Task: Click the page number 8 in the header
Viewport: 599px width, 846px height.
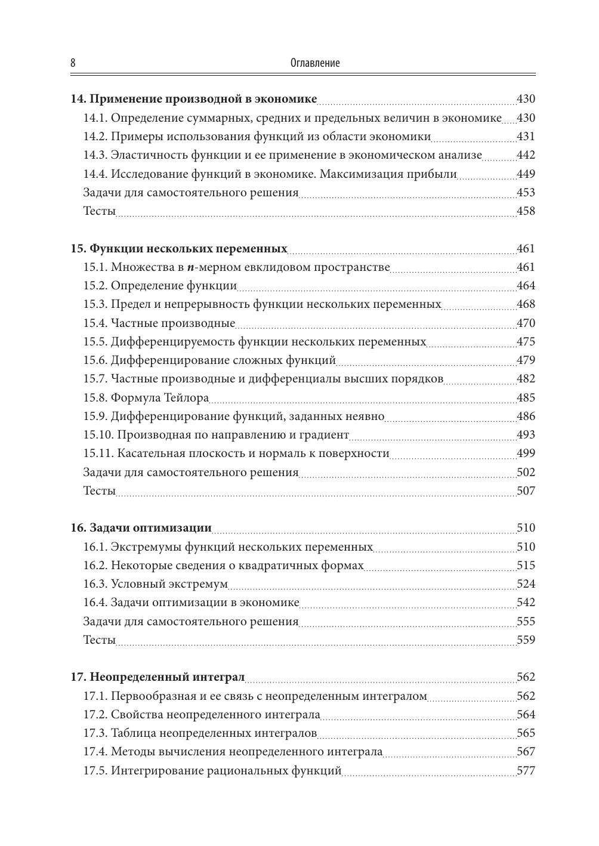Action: [73, 63]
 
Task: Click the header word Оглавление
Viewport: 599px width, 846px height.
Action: [314, 63]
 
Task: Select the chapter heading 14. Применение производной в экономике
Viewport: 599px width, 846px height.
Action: [193, 99]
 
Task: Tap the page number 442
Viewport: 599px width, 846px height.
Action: [526, 155]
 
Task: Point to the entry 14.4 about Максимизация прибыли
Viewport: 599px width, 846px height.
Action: [270, 174]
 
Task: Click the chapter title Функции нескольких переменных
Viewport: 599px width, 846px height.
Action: [188, 249]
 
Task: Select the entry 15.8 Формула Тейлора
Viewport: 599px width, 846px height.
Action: [146, 398]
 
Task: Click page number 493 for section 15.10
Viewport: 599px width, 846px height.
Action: [526, 435]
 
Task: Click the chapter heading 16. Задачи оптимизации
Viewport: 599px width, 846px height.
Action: [141, 528]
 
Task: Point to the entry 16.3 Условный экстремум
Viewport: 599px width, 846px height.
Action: [155, 584]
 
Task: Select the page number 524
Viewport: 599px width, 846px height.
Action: [526, 584]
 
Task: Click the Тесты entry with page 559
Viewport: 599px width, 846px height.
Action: [99, 640]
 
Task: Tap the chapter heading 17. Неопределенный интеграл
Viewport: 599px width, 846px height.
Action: [158, 677]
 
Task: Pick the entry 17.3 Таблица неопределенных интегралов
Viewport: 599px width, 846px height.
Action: [200, 733]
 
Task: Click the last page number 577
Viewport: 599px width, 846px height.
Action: [526, 771]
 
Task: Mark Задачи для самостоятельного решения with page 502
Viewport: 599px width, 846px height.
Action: [190, 473]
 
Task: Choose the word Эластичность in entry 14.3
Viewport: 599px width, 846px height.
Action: [149, 155]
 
